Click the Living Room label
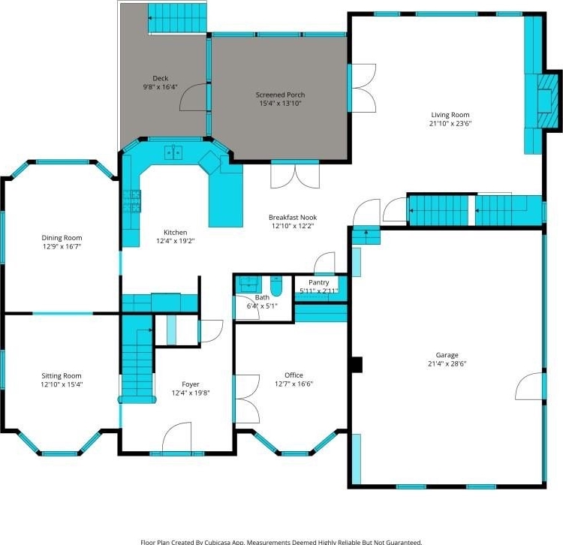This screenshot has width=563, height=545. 450,115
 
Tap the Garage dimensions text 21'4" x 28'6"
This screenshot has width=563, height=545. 447,363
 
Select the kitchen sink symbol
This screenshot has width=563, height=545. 174,152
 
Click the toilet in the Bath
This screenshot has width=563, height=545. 275,286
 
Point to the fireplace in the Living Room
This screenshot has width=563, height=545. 549,101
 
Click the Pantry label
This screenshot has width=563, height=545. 319,282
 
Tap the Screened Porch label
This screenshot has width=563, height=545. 281,95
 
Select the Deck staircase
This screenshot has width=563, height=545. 178,18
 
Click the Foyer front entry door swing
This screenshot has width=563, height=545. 176,437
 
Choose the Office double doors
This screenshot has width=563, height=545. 247,399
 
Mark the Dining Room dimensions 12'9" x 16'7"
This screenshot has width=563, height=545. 62,247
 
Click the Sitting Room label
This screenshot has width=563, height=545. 62,376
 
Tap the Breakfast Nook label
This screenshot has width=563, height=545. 293,217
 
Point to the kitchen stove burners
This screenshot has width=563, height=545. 132,201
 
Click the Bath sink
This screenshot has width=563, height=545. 248,285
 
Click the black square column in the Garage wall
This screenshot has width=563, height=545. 357,365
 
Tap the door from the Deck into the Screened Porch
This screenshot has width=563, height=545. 194,98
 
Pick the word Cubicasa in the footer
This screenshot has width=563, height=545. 221,542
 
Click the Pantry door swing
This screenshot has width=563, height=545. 325,263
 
